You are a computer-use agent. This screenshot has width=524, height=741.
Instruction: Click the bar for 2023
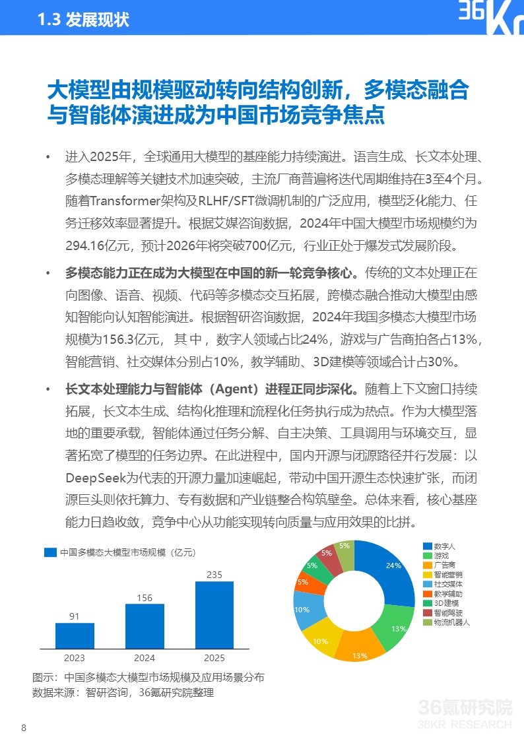pos(75,635)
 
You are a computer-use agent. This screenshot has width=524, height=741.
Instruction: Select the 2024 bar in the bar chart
pos(145,626)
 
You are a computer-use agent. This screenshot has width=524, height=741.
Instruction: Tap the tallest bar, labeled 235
pos(214,614)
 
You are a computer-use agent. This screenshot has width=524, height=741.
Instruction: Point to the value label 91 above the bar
pos(75,616)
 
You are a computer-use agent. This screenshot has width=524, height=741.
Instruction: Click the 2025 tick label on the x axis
pos(214,658)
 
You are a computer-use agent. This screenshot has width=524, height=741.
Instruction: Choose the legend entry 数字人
pos(444,547)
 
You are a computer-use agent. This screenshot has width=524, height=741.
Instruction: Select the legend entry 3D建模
pos(445,603)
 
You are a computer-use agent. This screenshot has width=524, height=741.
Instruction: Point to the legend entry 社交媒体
pos(447,585)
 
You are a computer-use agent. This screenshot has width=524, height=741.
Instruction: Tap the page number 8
pos(24,728)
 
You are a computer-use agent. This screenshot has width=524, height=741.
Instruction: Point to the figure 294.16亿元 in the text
pos(95,246)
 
